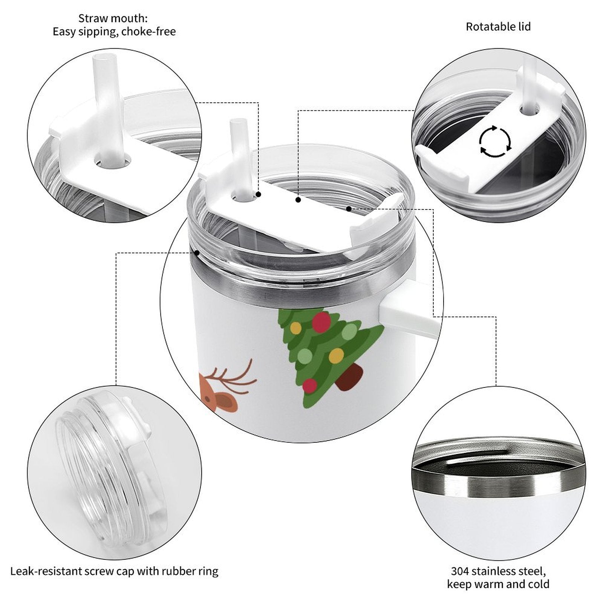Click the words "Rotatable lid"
pyautogui.click(x=498, y=27)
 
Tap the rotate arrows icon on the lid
pyautogui.click(x=495, y=142)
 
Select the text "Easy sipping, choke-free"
pyautogui.click(x=114, y=32)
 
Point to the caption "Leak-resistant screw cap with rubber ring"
pyautogui.click(x=114, y=571)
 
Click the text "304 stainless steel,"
pyautogui.click(x=498, y=571)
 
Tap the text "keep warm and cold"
pyautogui.click(x=498, y=584)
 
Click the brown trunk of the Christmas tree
pyautogui.click(x=350, y=379)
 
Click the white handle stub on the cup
pyautogui.click(x=409, y=315)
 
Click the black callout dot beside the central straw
pyautogui.click(x=259, y=194)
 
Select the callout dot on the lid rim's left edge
pyautogui.click(x=197, y=253)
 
